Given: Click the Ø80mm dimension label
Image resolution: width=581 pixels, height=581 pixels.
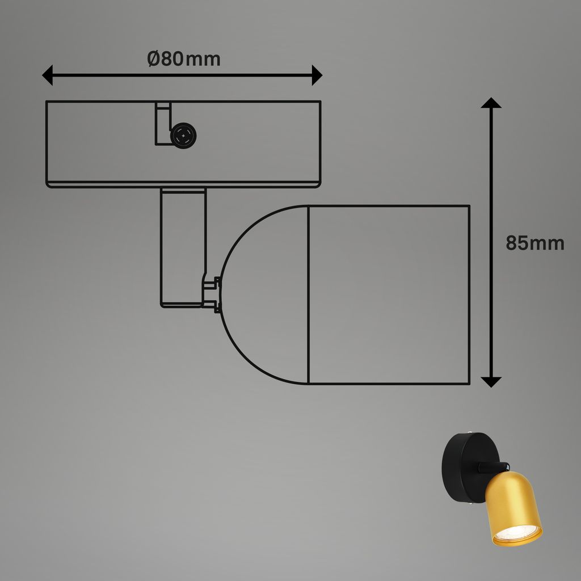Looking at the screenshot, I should pos(183,59).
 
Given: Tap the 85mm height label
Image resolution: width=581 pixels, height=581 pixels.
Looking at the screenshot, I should pos(534,243).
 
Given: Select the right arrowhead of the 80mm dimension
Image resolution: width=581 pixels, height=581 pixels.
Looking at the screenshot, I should pos(317,75).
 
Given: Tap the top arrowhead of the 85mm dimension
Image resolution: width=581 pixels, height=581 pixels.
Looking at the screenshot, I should pos(491,103).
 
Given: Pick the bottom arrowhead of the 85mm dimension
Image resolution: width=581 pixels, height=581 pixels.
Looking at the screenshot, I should pos(491,381).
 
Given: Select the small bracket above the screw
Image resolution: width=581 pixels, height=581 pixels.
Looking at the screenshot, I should pos(163,122).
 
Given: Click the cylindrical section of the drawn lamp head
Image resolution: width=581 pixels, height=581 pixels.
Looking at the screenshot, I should pos(389,294).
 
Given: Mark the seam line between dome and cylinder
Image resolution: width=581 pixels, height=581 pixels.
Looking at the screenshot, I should pos(308,294).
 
